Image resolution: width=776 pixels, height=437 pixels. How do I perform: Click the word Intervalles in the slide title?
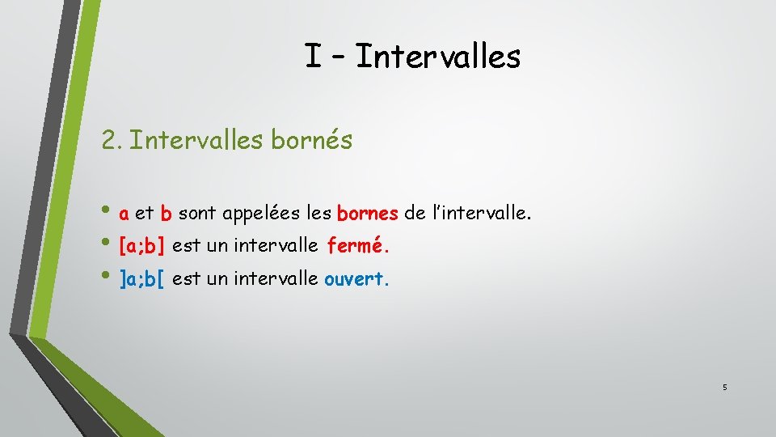click(x=437, y=57)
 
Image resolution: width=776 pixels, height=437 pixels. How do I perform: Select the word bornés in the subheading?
click(x=311, y=140)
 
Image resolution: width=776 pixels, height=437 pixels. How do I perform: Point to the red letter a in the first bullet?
click(x=124, y=214)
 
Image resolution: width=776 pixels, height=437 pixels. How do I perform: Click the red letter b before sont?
click(x=166, y=214)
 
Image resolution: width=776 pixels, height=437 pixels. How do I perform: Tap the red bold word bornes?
click(x=367, y=214)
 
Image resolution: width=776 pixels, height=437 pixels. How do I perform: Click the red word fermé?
click(x=361, y=245)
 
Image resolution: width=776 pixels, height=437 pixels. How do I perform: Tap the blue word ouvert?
click(x=356, y=279)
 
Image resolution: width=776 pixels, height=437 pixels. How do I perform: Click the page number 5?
click(x=725, y=388)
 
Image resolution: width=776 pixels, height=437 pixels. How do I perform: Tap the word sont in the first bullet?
click(x=196, y=214)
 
